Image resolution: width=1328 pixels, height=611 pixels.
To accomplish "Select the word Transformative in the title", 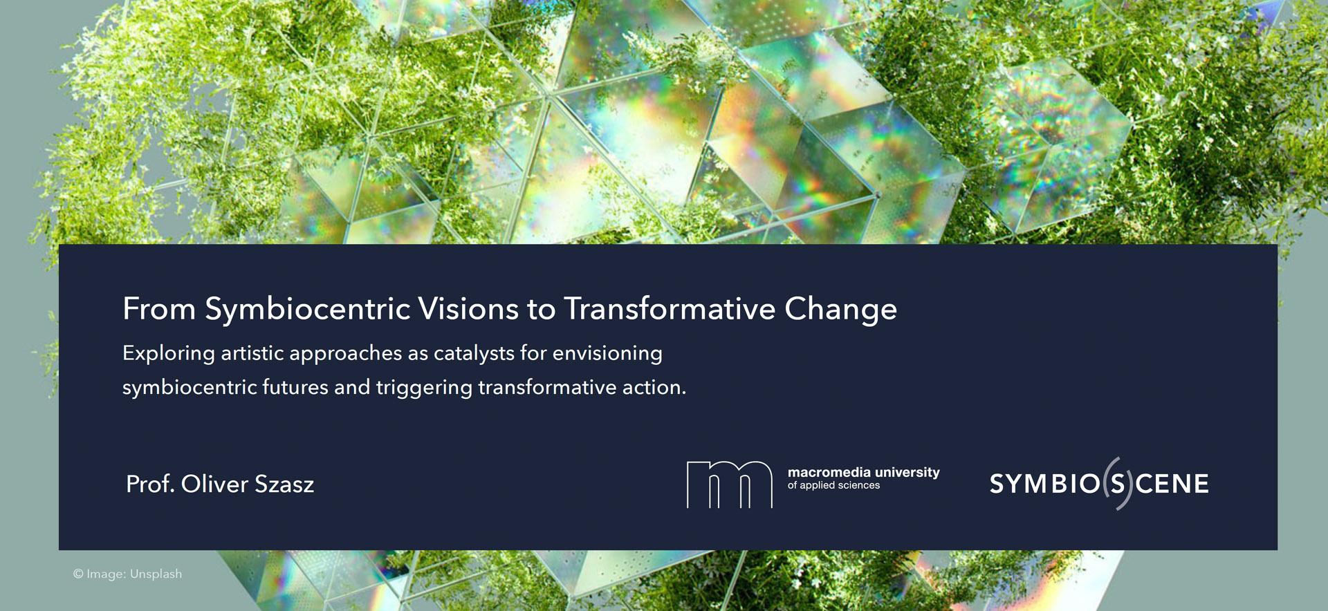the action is (x=670, y=308).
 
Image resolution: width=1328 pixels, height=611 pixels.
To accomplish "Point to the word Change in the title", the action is (x=840, y=310).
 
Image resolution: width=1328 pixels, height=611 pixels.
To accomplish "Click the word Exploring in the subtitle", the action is (x=169, y=354).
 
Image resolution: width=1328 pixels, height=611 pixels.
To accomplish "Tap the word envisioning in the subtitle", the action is (x=607, y=354).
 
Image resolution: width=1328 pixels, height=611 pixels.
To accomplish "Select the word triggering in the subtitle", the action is (x=424, y=388).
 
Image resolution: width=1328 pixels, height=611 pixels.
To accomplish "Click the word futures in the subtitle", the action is (x=295, y=387).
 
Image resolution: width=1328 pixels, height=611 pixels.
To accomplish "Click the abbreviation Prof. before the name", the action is (x=150, y=484).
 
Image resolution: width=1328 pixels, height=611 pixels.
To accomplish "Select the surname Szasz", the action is (x=284, y=484).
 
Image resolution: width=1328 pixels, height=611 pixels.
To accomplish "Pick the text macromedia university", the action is (x=863, y=473).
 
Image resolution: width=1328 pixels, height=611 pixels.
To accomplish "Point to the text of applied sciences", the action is (x=833, y=485).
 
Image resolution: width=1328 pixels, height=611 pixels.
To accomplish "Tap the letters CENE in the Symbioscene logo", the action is (x=1172, y=484).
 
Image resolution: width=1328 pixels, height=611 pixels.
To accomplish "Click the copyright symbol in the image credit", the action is (x=78, y=574).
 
